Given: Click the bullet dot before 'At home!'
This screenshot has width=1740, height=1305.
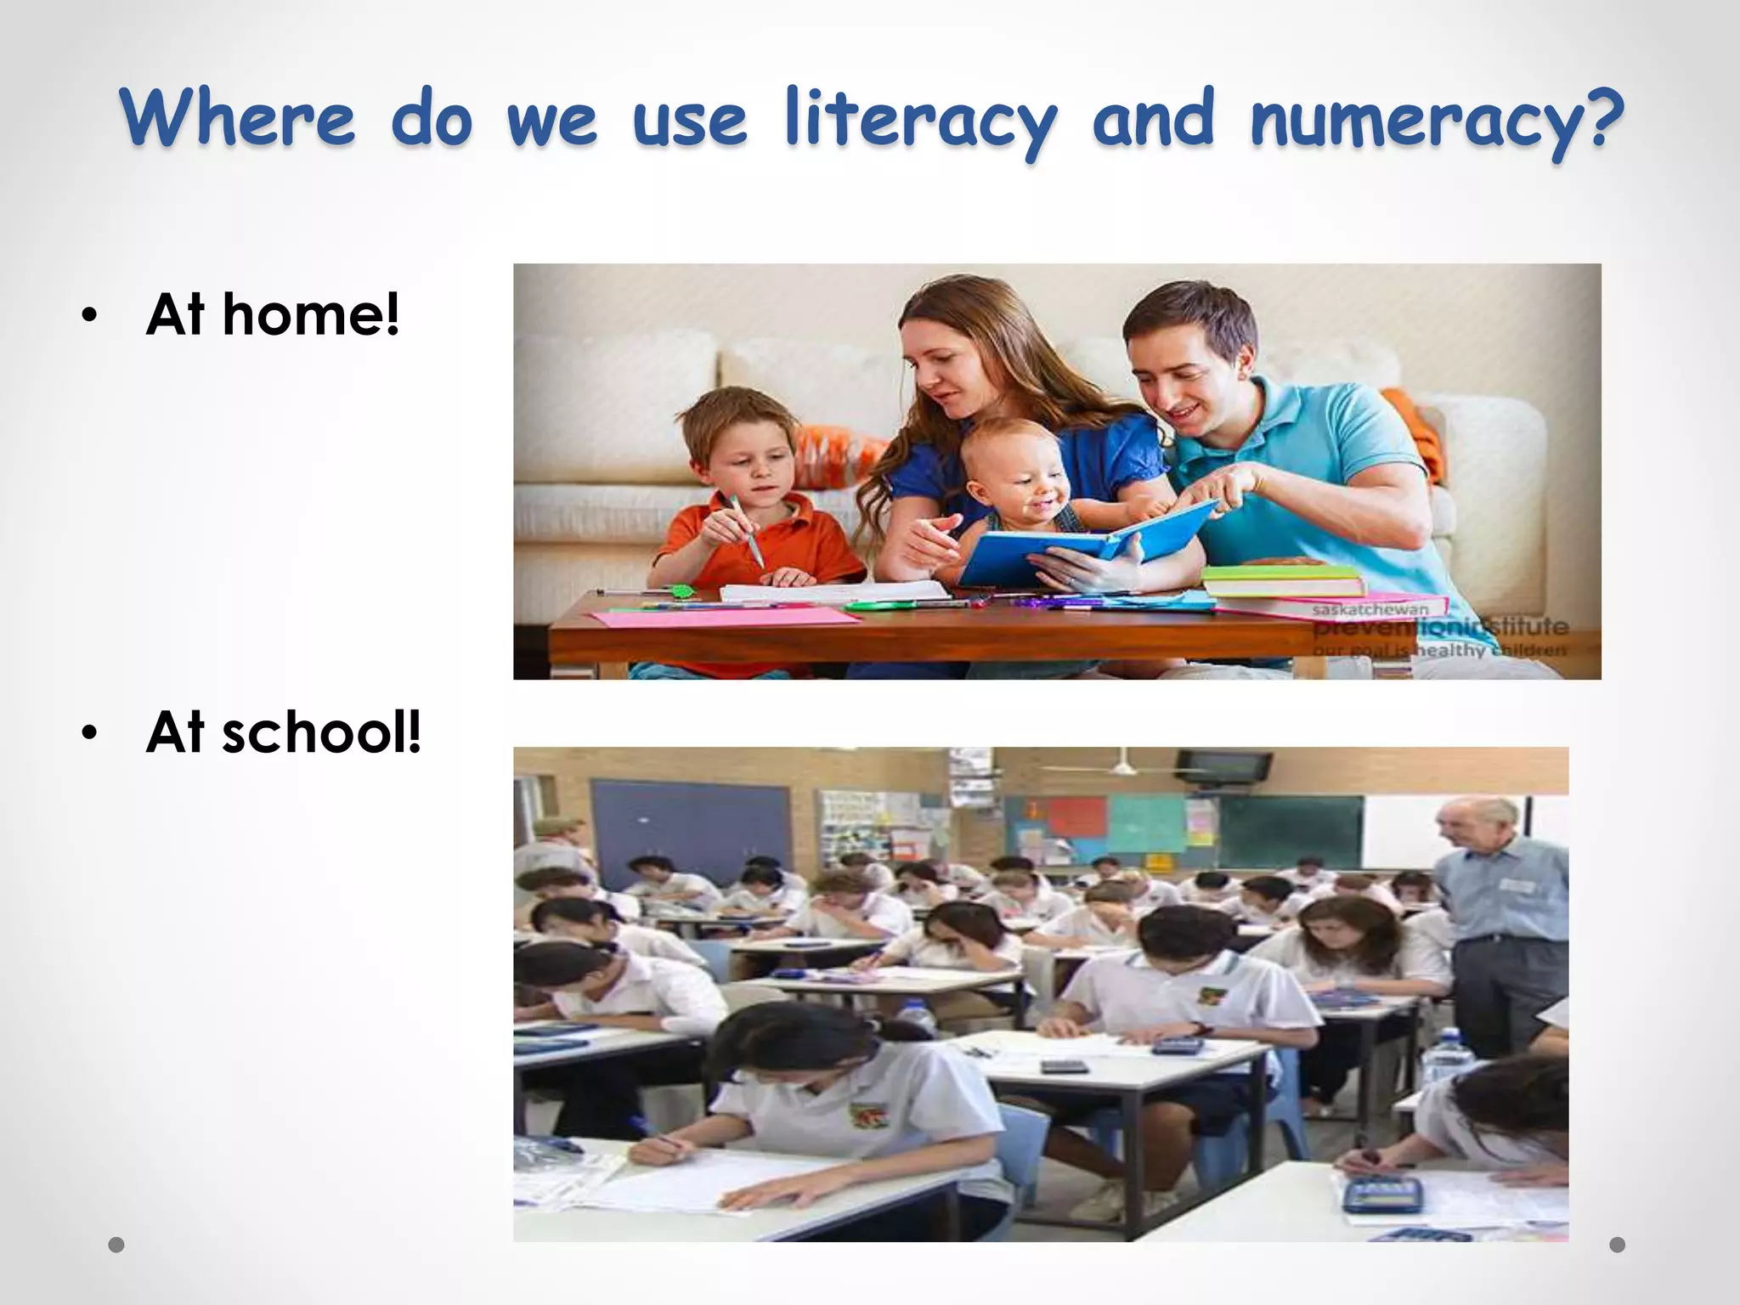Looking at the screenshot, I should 89,316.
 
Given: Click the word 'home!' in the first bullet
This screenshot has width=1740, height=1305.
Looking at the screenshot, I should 310,314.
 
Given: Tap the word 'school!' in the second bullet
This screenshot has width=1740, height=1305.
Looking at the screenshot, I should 321,732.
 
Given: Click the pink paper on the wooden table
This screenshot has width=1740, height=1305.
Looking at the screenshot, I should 722,616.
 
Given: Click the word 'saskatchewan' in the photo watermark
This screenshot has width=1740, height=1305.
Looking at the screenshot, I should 1370,610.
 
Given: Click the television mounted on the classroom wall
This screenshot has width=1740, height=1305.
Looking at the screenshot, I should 1223,767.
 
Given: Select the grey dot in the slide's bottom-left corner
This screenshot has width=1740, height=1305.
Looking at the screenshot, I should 116,1245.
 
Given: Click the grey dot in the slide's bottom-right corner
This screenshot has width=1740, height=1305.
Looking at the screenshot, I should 1617,1245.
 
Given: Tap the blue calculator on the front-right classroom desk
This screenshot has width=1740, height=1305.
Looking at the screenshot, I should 1381,1195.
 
